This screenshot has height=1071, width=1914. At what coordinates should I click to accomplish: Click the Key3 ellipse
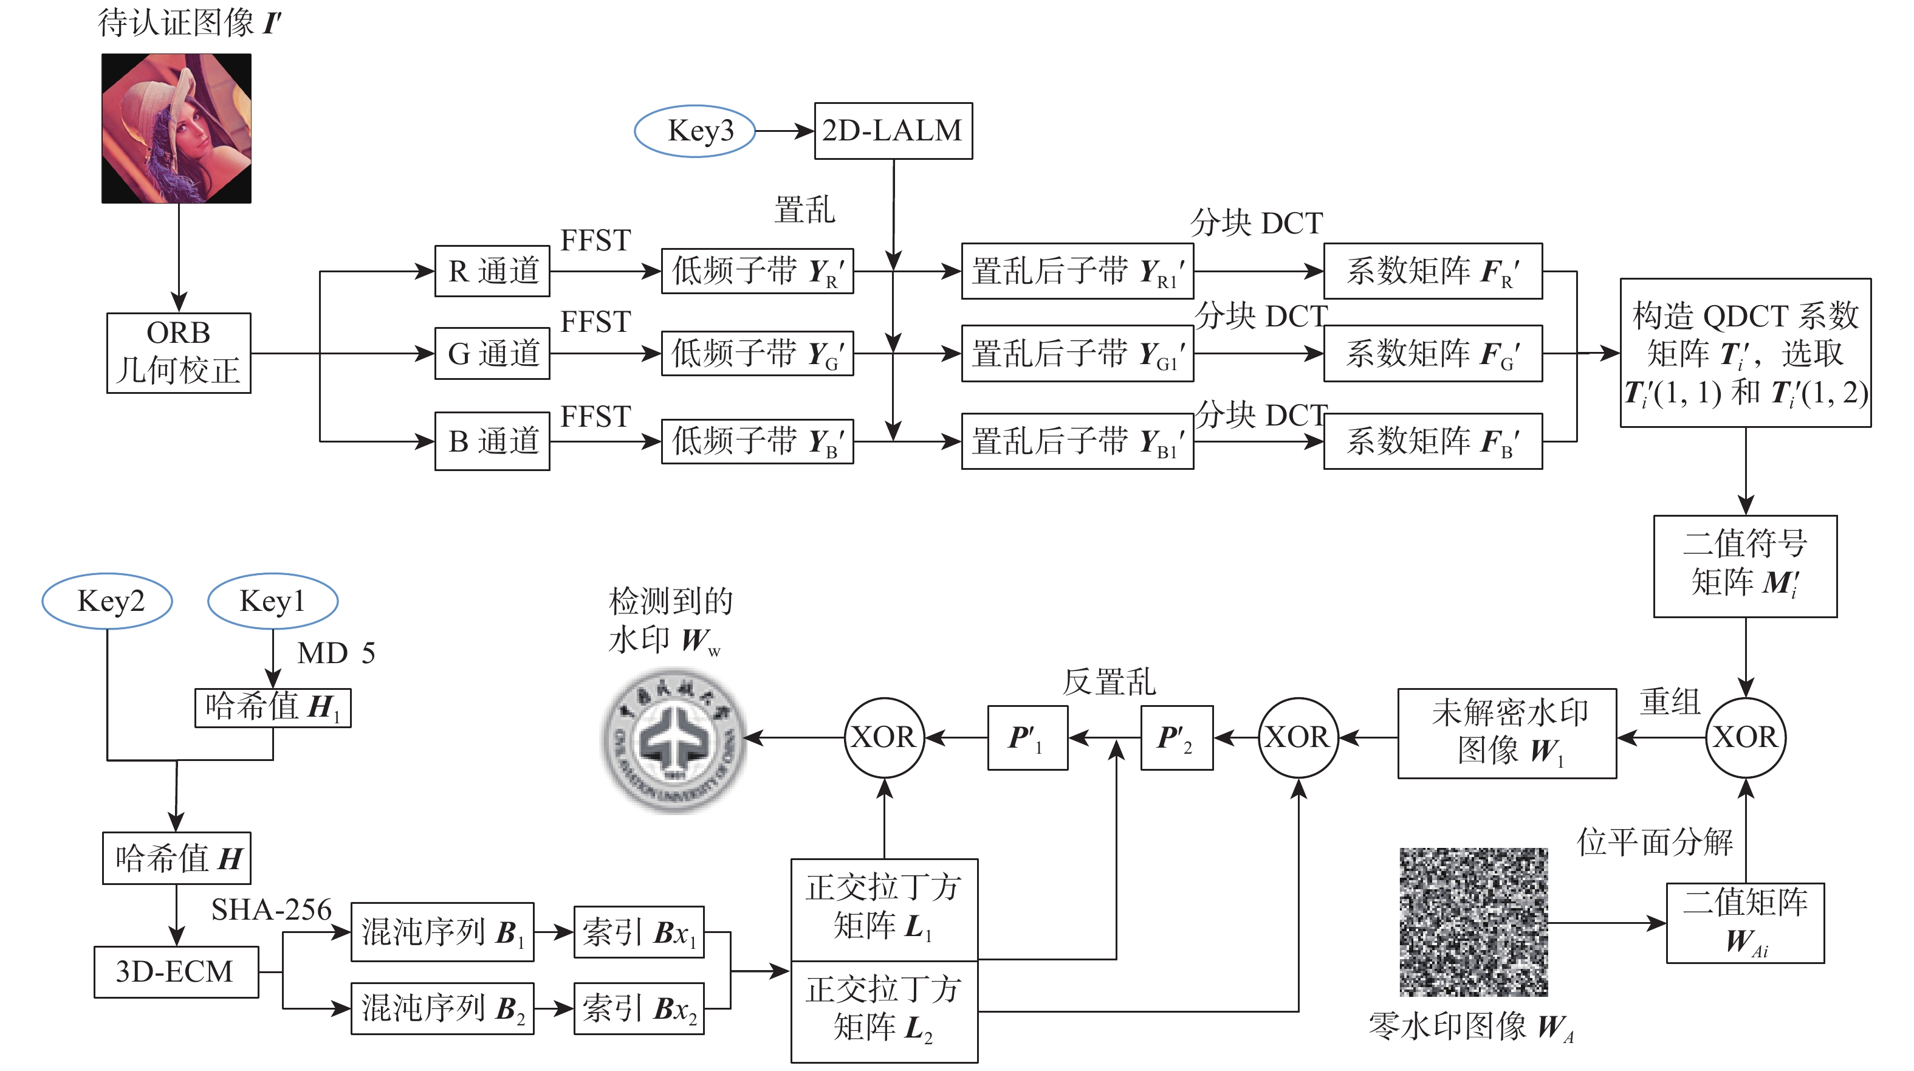tap(695, 131)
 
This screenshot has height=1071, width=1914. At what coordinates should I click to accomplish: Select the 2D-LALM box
tap(893, 131)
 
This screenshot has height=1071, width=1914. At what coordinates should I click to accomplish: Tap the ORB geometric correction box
tap(178, 353)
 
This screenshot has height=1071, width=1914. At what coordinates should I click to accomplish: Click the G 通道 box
tap(492, 353)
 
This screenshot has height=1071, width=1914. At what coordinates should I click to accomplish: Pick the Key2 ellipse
tap(108, 601)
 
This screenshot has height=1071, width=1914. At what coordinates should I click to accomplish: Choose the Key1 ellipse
tap(273, 601)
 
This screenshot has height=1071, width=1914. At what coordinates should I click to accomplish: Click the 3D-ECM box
tap(176, 971)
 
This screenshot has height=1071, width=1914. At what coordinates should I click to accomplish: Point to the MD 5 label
tap(336, 653)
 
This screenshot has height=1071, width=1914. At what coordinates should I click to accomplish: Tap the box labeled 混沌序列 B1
tap(442, 932)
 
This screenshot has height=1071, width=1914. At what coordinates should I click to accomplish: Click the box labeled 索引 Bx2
tap(639, 1008)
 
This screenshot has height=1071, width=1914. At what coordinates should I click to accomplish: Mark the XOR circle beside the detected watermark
tap(884, 737)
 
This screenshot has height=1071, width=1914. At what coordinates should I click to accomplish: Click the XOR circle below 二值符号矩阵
tap(1745, 737)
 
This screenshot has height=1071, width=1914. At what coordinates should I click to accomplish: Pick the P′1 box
tap(1027, 738)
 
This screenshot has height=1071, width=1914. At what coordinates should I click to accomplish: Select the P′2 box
tap(1177, 738)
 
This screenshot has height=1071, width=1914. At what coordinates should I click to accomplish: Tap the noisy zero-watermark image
tap(1473, 921)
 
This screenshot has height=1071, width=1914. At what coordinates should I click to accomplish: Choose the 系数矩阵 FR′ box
tap(1433, 271)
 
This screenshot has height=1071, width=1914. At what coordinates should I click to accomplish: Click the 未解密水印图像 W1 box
tap(1507, 734)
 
